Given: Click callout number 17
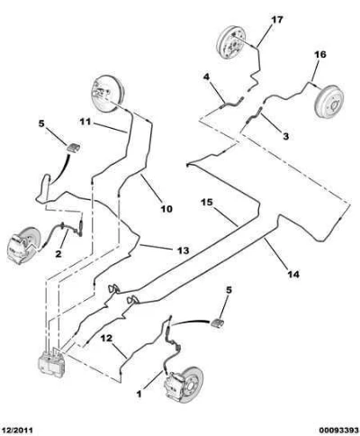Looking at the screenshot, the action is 277,20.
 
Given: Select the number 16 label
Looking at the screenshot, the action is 319,54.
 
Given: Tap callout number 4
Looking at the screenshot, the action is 206,77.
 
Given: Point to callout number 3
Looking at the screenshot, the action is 286,136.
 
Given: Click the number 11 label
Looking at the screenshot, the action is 85,123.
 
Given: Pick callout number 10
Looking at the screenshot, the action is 166,208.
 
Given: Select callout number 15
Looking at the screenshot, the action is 206,203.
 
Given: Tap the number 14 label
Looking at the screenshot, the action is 293,274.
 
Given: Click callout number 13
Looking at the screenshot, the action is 183,250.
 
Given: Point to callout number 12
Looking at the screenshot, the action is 106,339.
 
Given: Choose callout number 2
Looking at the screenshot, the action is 58,254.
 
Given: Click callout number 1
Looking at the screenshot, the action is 139,394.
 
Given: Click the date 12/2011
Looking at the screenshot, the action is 17,430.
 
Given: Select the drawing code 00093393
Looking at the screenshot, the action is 338,430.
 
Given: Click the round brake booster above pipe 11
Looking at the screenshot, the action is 107,94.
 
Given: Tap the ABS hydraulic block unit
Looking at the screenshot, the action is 51,363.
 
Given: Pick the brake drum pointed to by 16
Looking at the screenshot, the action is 329,102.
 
